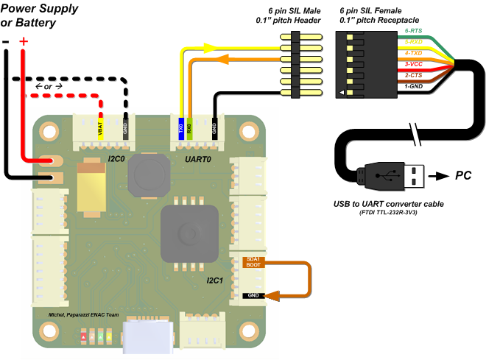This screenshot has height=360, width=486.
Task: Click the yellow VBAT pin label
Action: [100, 129]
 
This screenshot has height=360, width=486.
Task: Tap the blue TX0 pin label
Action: [181, 129]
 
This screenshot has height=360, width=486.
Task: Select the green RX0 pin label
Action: [190, 129]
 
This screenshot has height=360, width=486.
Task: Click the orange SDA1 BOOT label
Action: [253, 262]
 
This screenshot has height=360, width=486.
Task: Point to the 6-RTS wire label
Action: [414, 31]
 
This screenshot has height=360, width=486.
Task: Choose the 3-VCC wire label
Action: [414, 64]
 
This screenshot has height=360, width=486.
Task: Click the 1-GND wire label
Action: [414, 86]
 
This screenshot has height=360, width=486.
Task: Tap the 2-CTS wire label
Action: [414, 75]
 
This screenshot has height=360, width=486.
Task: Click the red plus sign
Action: [24, 41]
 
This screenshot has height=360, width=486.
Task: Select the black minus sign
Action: [6, 42]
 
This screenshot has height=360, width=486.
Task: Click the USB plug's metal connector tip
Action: [415, 176]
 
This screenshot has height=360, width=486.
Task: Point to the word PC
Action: [463, 175]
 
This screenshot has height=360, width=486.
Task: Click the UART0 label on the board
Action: [198, 159]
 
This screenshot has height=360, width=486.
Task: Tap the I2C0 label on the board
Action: [116, 159]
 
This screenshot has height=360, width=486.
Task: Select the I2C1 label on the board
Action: [215, 280]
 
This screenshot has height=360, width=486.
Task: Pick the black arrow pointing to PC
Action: [439, 176]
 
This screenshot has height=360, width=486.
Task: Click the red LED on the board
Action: [83, 336]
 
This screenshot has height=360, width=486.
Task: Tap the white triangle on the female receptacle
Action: [341, 92]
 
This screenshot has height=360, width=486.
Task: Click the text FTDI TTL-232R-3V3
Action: [388, 213]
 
